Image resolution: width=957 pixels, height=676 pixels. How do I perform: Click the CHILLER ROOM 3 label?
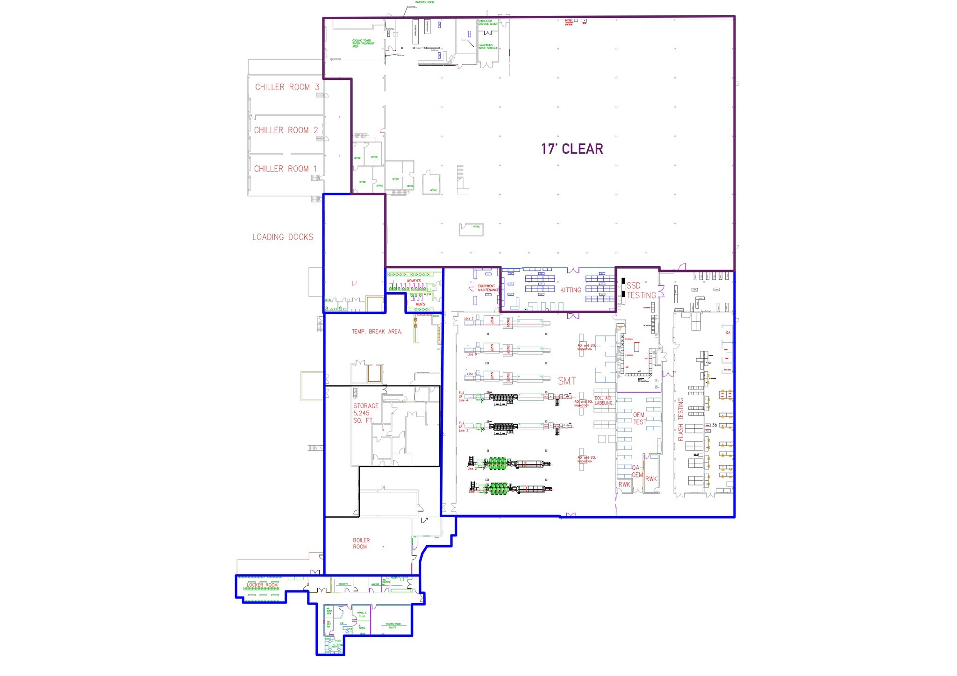(x=287, y=87)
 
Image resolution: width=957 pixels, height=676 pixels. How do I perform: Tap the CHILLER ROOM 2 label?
(x=286, y=130)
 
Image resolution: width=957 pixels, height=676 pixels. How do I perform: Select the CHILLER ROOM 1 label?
(x=285, y=169)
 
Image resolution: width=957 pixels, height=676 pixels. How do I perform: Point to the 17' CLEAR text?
(x=572, y=149)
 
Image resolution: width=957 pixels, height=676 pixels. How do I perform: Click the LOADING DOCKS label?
(x=283, y=237)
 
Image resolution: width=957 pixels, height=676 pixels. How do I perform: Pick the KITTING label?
(x=571, y=290)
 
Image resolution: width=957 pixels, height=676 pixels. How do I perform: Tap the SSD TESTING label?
(x=641, y=291)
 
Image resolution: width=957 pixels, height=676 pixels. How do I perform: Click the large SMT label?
(x=567, y=381)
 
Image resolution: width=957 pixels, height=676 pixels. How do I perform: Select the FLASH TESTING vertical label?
(x=680, y=420)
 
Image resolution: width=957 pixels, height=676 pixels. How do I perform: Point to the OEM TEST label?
(x=639, y=418)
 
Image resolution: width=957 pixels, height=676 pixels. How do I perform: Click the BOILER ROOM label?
(x=361, y=543)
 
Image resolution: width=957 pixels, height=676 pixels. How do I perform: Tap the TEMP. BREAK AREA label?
(x=377, y=332)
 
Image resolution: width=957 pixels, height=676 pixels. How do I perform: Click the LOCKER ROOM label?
(x=262, y=585)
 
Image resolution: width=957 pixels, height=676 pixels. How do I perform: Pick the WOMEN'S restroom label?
(x=414, y=281)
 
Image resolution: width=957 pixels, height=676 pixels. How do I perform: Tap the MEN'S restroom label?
(x=420, y=305)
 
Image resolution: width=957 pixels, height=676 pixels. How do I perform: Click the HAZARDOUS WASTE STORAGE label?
(x=488, y=47)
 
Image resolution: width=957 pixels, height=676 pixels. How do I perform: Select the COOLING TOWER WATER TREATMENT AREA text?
(x=363, y=43)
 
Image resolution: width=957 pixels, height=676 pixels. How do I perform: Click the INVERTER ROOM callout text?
(x=424, y=2)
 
